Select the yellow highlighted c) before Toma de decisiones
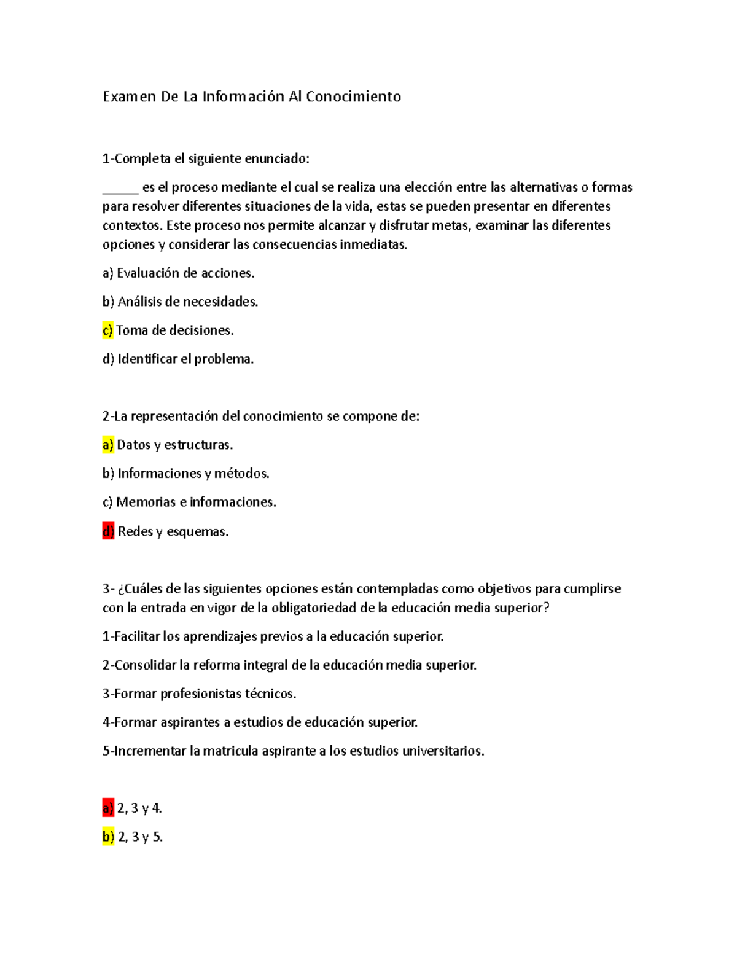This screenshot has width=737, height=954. point(107,330)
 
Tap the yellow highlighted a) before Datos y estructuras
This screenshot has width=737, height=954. point(108,445)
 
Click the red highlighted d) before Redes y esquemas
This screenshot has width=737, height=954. point(108,531)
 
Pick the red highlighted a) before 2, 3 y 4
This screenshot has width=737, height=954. point(108,808)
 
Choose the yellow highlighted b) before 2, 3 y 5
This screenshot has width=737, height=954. point(108,837)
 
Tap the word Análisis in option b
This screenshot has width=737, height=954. point(139,302)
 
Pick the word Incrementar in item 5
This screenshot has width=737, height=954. point(150,751)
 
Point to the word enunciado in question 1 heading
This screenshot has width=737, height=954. point(276,159)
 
